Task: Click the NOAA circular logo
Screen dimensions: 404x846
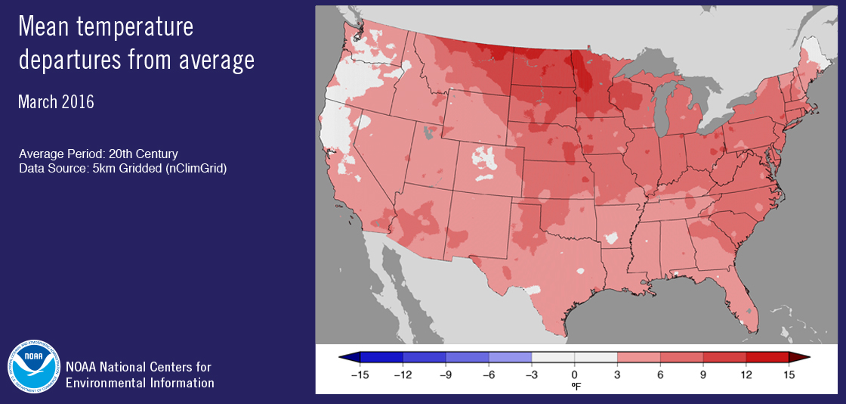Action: pyautogui.click(x=33, y=368)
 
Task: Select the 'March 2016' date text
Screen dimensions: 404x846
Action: pyautogui.click(x=56, y=102)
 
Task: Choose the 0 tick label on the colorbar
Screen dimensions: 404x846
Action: pyautogui.click(x=574, y=374)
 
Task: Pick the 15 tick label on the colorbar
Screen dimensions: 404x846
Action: pyautogui.click(x=789, y=374)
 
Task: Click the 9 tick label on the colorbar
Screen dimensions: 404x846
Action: pyautogui.click(x=703, y=374)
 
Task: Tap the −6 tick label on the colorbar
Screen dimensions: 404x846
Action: pyautogui.click(x=488, y=374)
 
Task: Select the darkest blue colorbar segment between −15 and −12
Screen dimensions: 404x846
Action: pyautogui.click(x=381, y=357)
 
